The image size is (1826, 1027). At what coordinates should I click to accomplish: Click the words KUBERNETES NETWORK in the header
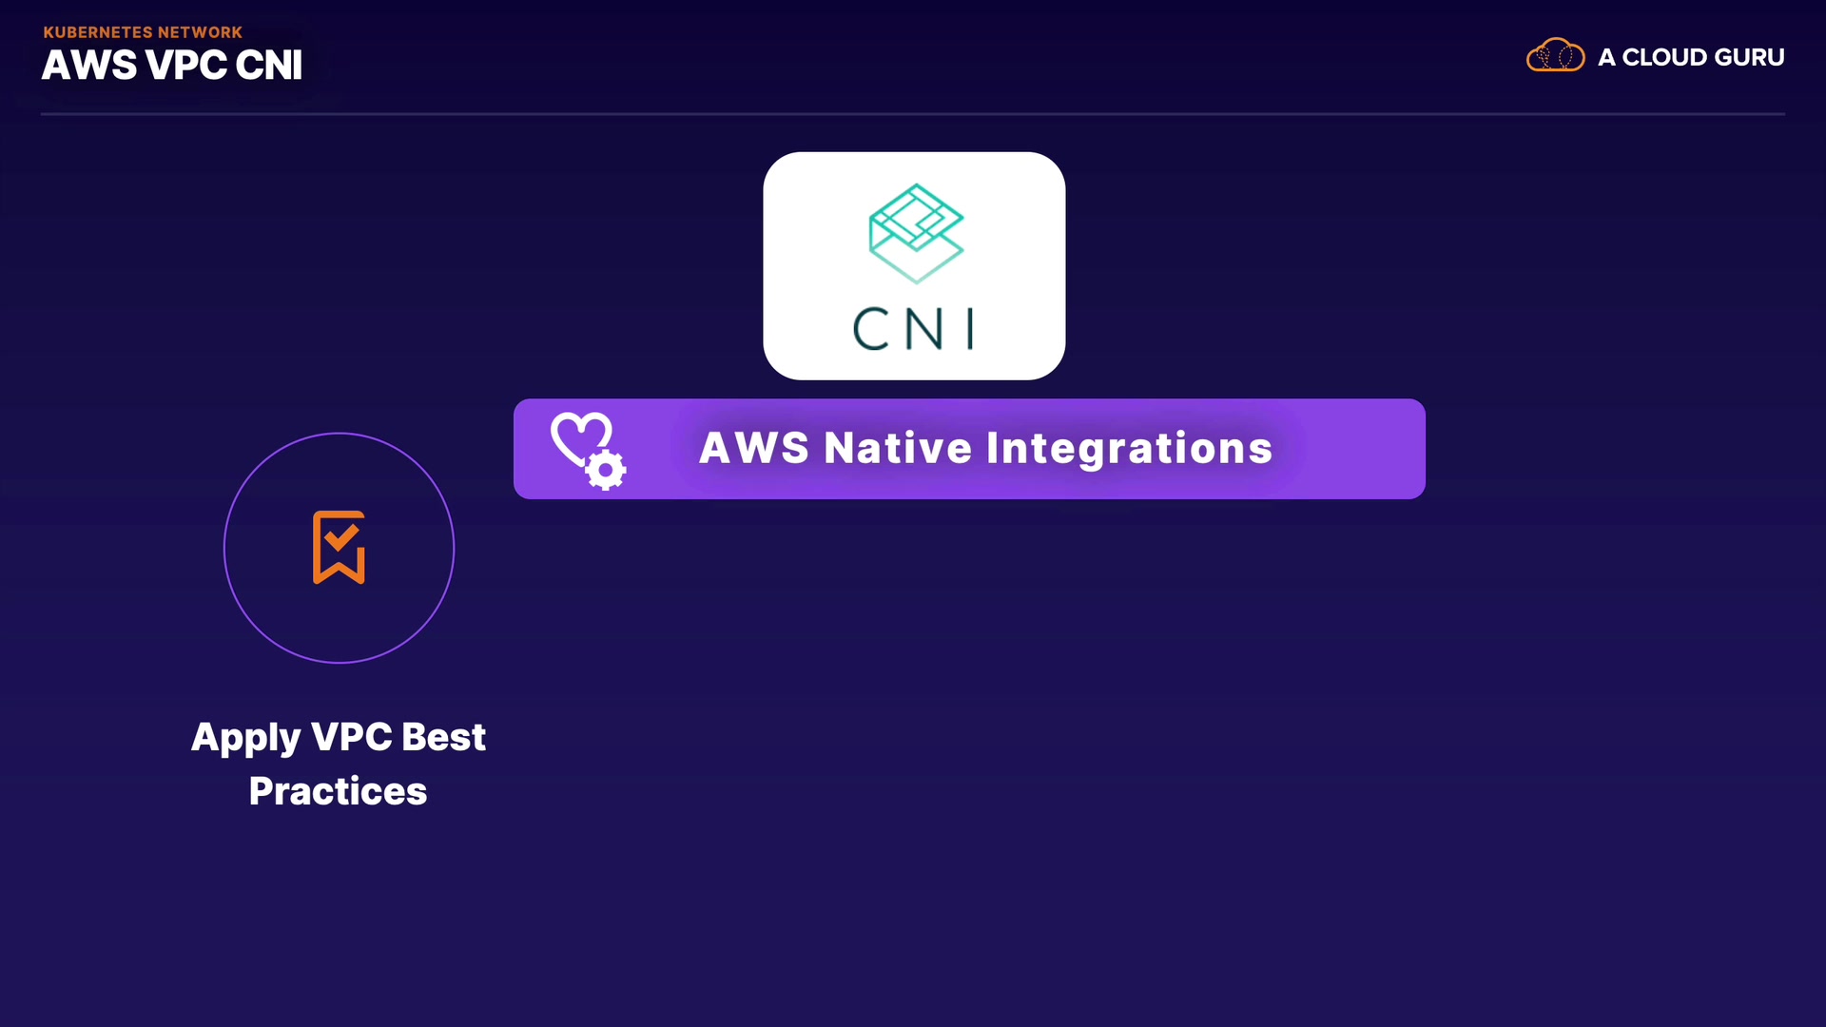(143, 32)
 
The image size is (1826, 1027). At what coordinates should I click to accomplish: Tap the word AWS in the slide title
(89, 66)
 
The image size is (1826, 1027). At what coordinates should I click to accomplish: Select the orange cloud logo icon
(1555, 56)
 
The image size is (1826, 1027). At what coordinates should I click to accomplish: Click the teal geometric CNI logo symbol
(916, 233)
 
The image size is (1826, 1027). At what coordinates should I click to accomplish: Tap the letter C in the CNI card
(870, 329)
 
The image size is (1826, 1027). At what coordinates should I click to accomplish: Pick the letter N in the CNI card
(923, 329)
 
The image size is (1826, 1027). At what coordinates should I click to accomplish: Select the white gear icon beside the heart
(605, 470)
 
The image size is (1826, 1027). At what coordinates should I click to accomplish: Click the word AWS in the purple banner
(753, 448)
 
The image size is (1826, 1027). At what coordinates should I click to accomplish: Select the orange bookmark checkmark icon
(339, 547)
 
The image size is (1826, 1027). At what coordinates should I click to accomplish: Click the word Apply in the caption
(246, 738)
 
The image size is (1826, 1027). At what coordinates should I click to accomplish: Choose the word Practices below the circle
(338, 791)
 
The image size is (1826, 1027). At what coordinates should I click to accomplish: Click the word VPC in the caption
(352, 737)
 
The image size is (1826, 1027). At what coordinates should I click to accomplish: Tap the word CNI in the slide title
(268, 66)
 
